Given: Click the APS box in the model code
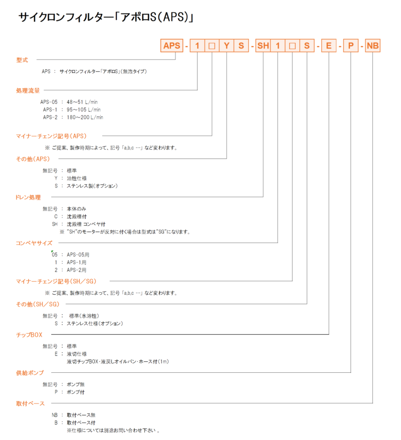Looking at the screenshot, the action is (171, 46).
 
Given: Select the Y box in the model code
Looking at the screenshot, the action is (227, 46).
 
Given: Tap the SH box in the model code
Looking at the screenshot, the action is (263, 46).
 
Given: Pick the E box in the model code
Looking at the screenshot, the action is (329, 46).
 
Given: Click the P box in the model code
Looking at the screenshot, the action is (351, 46).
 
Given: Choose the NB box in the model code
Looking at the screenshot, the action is (372, 46).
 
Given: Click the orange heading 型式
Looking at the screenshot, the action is (22, 60).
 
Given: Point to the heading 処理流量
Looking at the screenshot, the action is (28, 91).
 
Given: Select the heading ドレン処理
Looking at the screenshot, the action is (28, 197).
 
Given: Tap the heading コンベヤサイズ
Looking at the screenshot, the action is (34, 243).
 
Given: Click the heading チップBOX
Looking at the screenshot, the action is (29, 335).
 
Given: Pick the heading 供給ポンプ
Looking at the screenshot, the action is (30, 373).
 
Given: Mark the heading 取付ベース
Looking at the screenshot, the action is (30, 403).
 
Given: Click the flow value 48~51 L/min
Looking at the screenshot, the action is (82, 102).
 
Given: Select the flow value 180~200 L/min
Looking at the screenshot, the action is (85, 117).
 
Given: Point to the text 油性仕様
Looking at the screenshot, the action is (77, 178).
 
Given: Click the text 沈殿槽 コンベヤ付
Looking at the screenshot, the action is (86, 224).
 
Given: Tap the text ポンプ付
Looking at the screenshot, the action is (76, 392).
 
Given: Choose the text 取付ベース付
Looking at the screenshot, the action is (81, 422).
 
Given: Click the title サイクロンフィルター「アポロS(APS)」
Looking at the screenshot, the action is (106, 17).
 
